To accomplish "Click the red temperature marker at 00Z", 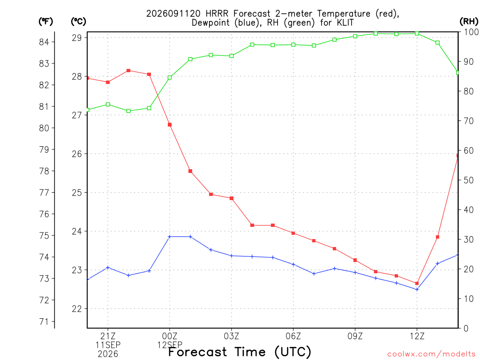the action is pyautogui.click(x=170, y=125).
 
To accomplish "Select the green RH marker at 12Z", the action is pyautogui.click(x=417, y=33).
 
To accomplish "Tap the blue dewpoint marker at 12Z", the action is pyautogui.click(x=417, y=289).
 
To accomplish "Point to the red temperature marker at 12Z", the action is pyautogui.click(x=417, y=284).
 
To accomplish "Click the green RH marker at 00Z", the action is pyautogui.click(x=170, y=77).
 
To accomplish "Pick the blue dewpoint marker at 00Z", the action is pyautogui.click(x=170, y=237).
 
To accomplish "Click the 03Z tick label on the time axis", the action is pyautogui.click(x=232, y=336).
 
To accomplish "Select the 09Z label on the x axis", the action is pyautogui.click(x=355, y=336).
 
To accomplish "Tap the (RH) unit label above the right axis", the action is pyautogui.click(x=469, y=22).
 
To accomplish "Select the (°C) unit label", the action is pyautogui.click(x=79, y=22).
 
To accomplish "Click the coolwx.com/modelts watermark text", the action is pyautogui.click(x=431, y=354).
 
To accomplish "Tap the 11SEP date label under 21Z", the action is pyautogui.click(x=108, y=345).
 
